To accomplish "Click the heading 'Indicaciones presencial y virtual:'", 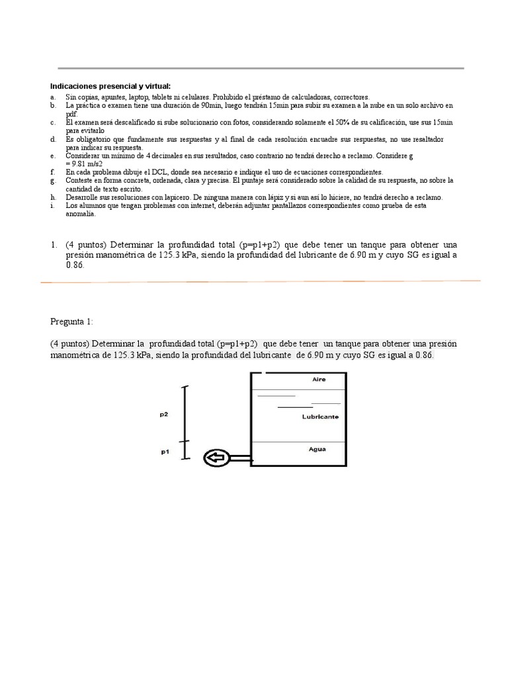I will tap(110, 86).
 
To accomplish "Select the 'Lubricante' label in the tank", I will tap(320, 416).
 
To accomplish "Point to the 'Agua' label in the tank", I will tap(317, 449).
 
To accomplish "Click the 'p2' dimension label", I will tap(163, 414).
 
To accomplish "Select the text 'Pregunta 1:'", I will tap(72, 322).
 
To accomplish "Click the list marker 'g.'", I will tap(53, 181).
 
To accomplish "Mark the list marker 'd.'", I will tap(53, 139).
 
